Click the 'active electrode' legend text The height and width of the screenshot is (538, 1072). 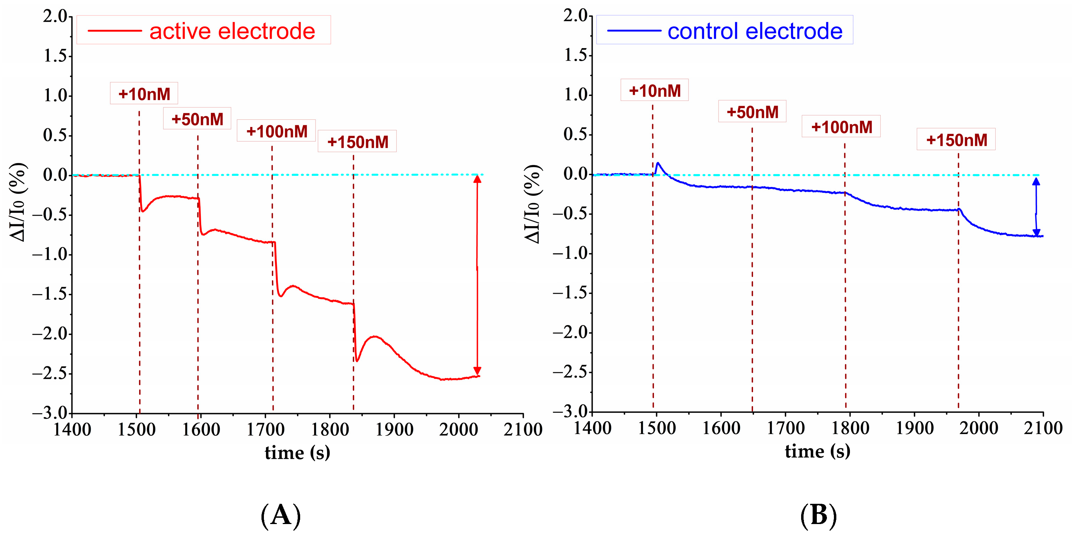(x=232, y=31)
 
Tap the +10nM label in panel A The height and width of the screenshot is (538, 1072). (x=144, y=94)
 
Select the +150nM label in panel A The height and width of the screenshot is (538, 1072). (x=357, y=142)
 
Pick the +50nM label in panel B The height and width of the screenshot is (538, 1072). (x=752, y=112)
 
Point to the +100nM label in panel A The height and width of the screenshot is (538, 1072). (x=276, y=131)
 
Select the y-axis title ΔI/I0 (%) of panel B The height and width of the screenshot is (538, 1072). (x=532, y=204)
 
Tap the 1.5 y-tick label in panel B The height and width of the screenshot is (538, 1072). (x=576, y=55)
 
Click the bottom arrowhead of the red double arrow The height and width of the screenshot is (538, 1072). (x=477, y=371)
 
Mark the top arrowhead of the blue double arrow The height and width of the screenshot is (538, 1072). (x=1036, y=181)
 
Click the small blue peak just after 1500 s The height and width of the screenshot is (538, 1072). (x=658, y=163)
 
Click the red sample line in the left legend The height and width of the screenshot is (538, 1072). (x=115, y=31)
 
